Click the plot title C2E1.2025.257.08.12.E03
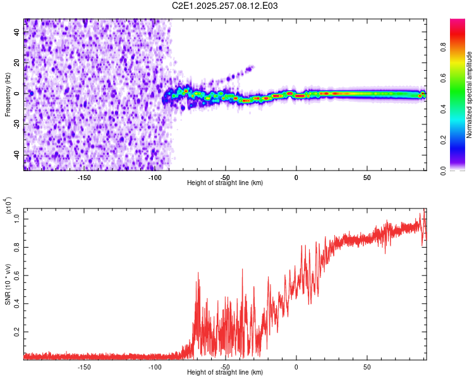pyautogui.click(x=225, y=6)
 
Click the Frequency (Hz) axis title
pyautogui.click(x=8, y=95)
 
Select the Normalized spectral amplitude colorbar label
pyautogui.click(x=470, y=95)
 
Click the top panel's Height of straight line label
pyautogui.click(x=225, y=183)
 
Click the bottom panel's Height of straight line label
pyautogui.click(x=225, y=372)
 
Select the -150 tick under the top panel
pyautogui.click(x=84, y=178)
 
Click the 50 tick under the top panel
pyautogui.click(x=367, y=178)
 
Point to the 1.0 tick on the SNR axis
pyautogui.click(x=18, y=218)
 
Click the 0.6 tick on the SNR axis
pyautogui.click(x=18, y=275)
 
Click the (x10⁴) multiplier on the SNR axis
pyautogui.click(x=9, y=205)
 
